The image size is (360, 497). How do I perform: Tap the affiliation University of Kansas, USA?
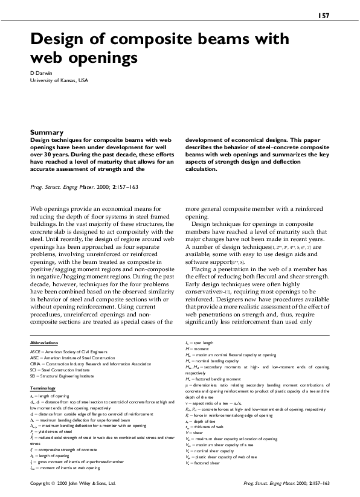coord(59,80)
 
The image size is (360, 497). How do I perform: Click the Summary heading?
coord(47,132)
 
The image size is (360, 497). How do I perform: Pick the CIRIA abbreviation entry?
coord(91,364)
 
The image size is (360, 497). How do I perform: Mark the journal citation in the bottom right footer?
coord(286,484)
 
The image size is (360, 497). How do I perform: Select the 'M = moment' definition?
coord(197,349)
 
